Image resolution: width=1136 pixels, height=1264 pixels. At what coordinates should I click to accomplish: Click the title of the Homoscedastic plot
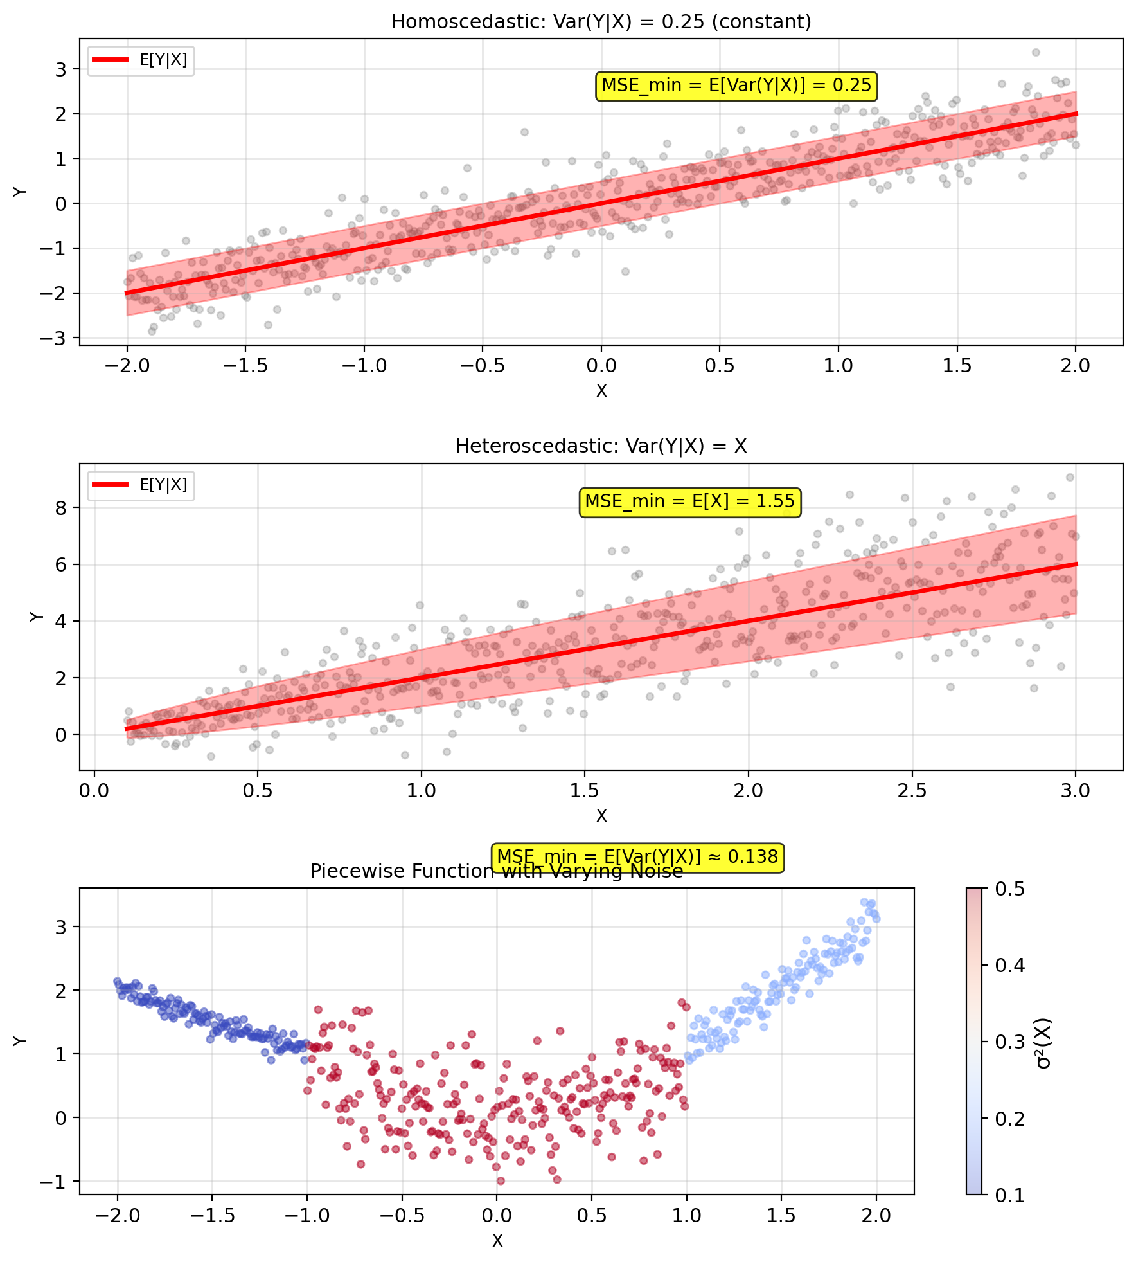pyautogui.click(x=601, y=22)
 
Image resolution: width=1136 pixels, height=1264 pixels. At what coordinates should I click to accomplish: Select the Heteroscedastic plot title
pyautogui.click(x=601, y=446)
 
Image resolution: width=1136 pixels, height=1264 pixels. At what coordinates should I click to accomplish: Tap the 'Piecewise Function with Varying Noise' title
pyautogui.click(x=496, y=871)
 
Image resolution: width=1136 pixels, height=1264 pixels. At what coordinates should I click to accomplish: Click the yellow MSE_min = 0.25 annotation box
pyautogui.click(x=736, y=86)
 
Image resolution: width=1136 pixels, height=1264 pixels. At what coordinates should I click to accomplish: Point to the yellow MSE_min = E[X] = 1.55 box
pyautogui.click(x=689, y=501)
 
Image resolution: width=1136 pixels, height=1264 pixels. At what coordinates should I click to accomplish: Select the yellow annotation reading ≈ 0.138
pyautogui.click(x=637, y=856)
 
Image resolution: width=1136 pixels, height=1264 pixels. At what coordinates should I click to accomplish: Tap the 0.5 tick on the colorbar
pyautogui.click(x=1009, y=889)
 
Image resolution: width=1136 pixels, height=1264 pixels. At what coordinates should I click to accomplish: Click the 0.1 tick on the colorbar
pyautogui.click(x=1009, y=1195)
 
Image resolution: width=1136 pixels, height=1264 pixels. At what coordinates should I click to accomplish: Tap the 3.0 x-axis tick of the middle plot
pyautogui.click(x=1076, y=790)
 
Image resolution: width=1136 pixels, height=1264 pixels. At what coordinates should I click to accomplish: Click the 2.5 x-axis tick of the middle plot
pyautogui.click(x=912, y=790)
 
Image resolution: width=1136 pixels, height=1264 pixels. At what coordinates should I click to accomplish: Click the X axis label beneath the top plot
pyautogui.click(x=601, y=391)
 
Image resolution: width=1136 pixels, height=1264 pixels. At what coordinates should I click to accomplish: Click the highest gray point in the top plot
pyautogui.click(x=1035, y=53)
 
